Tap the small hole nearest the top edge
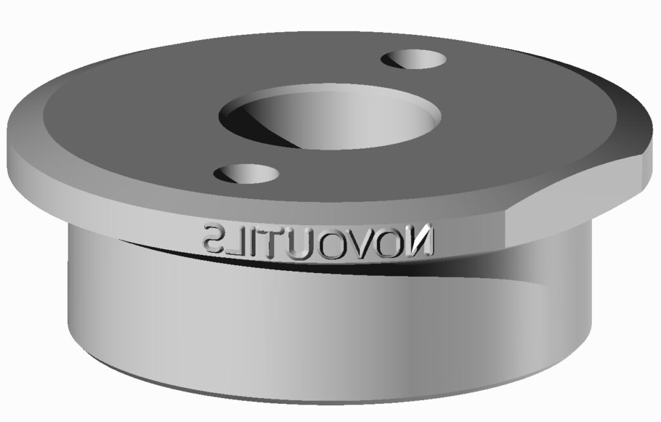(415, 61)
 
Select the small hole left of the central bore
(246, 173)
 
